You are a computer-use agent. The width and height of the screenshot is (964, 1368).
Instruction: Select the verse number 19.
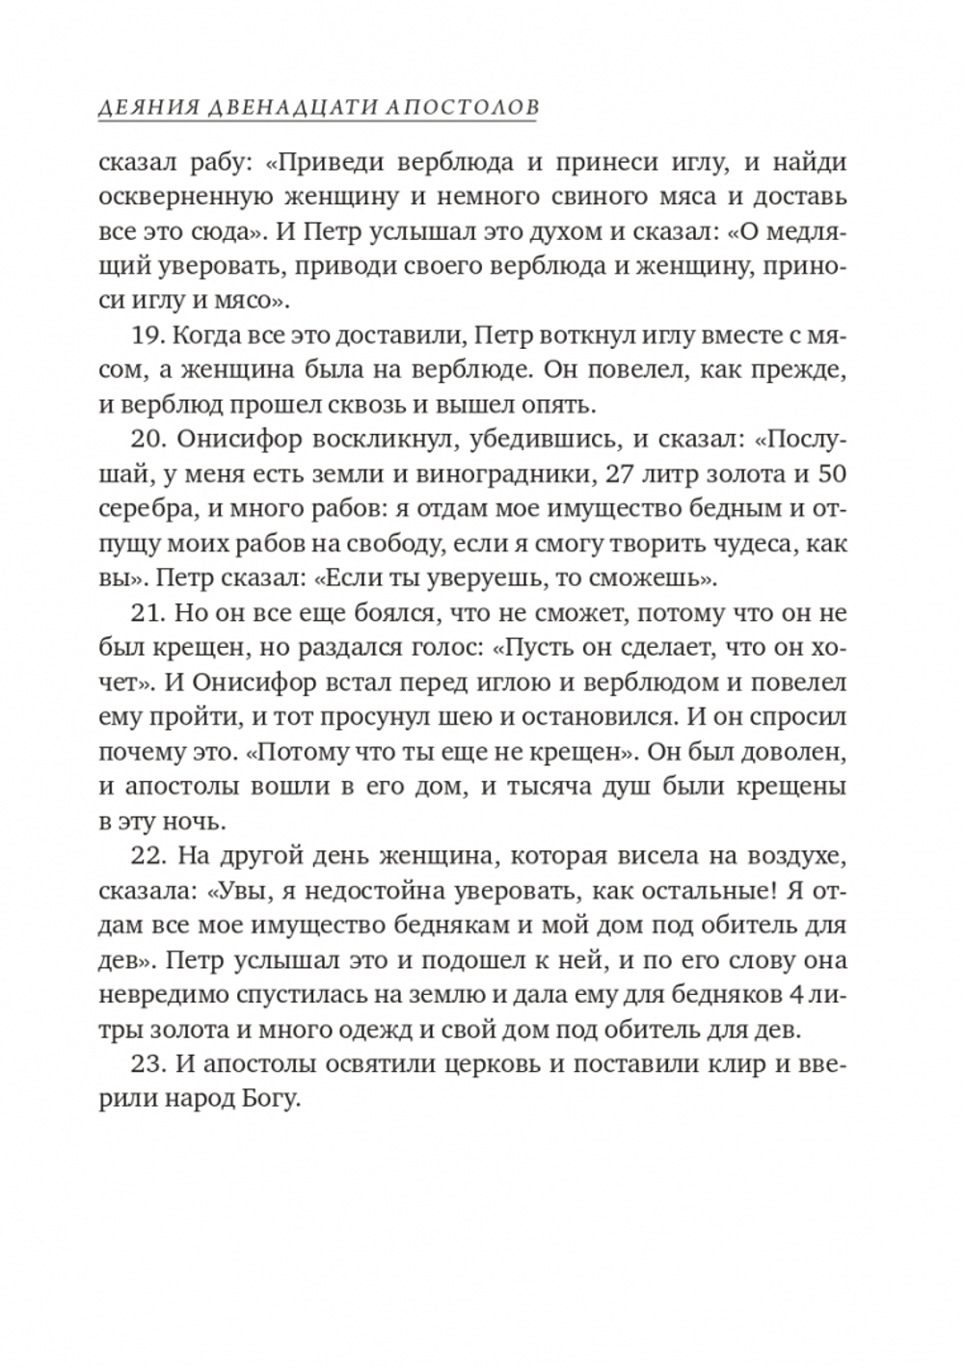[143, 334]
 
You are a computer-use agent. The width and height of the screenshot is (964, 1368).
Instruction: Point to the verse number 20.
[145, 439]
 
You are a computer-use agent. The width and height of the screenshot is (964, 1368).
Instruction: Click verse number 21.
[143, 614]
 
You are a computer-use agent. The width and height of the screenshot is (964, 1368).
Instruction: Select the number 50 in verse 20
[828, 474]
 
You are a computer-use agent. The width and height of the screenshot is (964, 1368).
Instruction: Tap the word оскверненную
[183, 198]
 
